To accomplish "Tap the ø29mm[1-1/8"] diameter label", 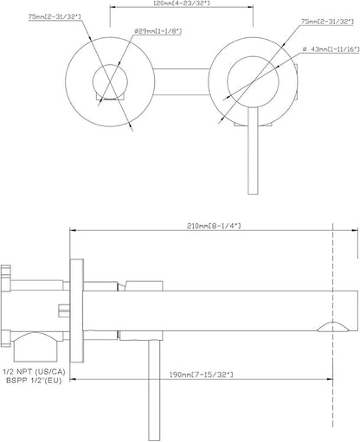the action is point(157,31).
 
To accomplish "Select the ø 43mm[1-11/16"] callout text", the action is point(331,49).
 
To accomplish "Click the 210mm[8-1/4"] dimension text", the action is point(214,226).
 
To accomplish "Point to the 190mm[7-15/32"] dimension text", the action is point(201,375).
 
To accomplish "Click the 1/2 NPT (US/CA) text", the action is point(34,372).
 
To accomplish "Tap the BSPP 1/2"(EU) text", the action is point(34,381).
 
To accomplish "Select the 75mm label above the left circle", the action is point(55,17).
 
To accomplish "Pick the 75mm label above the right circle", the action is point(328,22).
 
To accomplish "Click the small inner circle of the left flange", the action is point(93,81).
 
